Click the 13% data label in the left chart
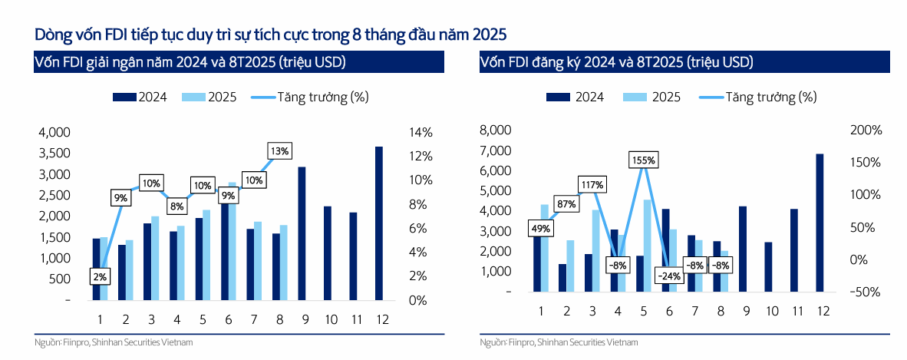(x=279, y=151)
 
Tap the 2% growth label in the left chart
(x=101, y=276)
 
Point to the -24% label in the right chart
(x=667, y=276)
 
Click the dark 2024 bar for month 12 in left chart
(x=378, y=223)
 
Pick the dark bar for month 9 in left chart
(x=302, y=233)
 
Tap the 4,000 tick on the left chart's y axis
(x=54, y=132)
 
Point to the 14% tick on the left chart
(x=420, y=132)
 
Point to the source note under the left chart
(x=114, y=342)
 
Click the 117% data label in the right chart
(x=592, y=185)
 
